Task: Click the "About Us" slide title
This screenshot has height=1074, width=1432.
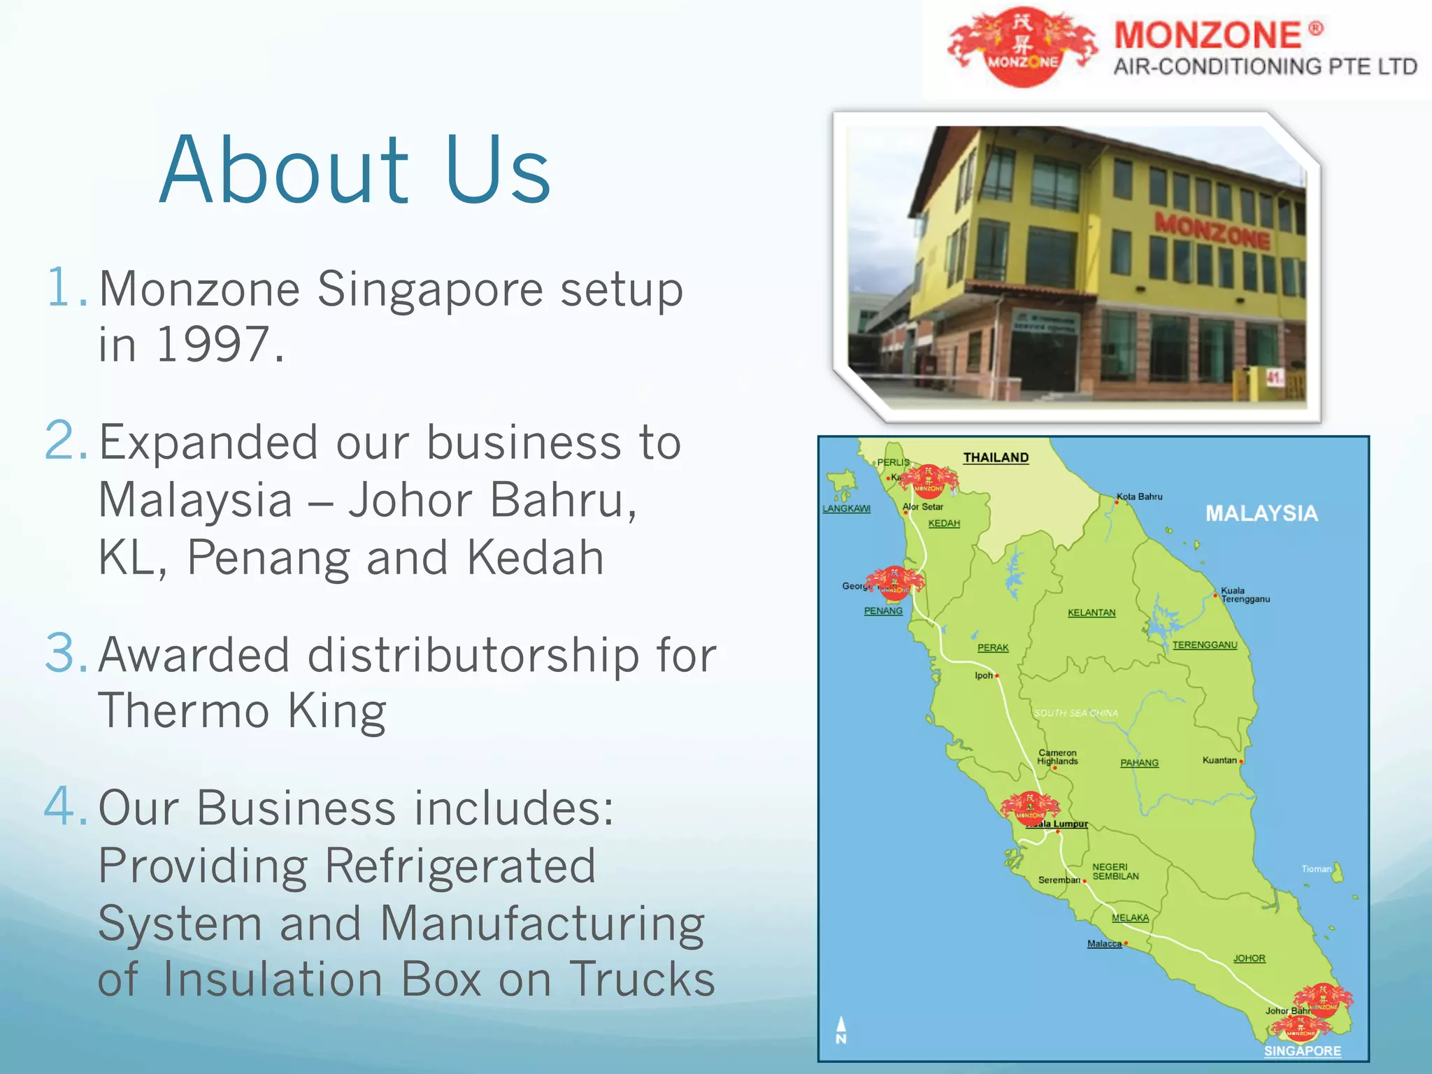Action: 355,170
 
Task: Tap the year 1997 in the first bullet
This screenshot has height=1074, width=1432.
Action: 213,345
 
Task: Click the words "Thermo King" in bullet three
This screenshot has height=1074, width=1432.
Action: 242,711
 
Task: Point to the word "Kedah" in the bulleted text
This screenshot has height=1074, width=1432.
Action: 535,558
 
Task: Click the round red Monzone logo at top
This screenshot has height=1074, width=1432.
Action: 1022,48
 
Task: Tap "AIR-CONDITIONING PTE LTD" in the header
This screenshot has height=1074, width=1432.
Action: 1265,67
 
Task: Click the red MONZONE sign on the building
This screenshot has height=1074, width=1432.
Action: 1212,231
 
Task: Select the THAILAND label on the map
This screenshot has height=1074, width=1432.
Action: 996,458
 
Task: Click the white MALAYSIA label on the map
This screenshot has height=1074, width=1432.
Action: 1261,514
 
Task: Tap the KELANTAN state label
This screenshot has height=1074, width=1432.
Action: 1091,613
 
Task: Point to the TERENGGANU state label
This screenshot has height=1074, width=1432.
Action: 1205,645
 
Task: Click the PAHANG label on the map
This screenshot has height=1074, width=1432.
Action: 1139,763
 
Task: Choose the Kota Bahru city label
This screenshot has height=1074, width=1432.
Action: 1140,496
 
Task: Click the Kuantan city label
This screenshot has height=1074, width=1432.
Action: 1219,760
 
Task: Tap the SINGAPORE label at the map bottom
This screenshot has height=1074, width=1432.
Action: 1302,1051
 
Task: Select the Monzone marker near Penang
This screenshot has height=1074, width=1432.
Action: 894,582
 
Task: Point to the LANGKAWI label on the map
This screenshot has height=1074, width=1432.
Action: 846,509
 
